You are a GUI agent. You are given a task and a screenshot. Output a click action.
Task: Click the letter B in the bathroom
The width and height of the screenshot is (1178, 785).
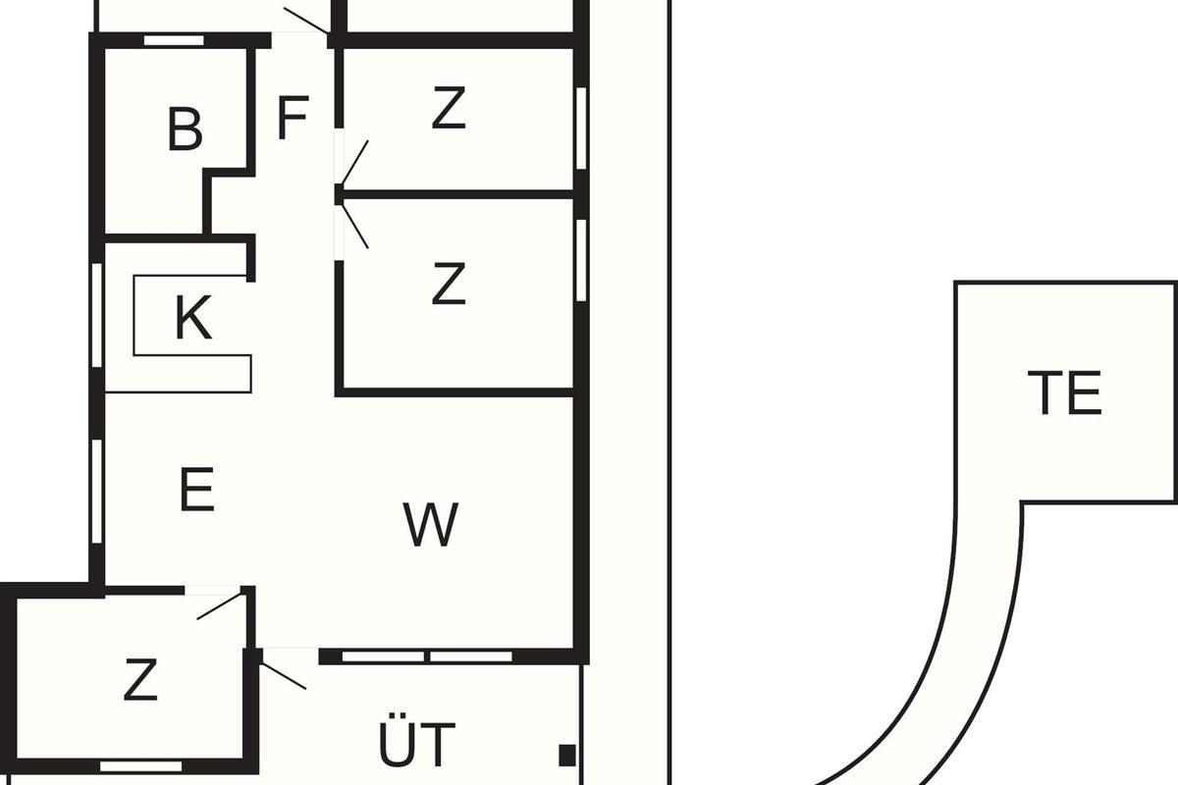(185, 130)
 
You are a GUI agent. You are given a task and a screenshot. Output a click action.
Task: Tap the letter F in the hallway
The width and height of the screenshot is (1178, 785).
(293, 118)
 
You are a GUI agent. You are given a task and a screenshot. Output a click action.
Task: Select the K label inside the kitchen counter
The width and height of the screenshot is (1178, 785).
(193, 318)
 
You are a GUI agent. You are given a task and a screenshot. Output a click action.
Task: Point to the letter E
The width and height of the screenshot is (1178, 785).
(196, 489)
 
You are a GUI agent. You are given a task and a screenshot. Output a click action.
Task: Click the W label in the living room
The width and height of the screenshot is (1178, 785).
(431, 524)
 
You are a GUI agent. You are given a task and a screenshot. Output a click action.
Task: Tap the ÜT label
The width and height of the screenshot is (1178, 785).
(416, 739)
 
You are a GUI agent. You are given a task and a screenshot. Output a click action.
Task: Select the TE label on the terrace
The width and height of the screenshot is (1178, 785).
(1064, 392)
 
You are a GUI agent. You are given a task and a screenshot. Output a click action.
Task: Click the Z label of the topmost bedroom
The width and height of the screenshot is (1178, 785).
(449, 108)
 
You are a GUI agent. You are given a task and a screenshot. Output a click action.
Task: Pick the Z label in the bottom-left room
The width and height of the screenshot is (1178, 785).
(140, 679)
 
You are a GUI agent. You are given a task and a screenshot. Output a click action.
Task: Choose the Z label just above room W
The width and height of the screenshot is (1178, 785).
(449, 284)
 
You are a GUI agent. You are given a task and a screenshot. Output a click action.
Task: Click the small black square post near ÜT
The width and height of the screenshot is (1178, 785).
(567, 755)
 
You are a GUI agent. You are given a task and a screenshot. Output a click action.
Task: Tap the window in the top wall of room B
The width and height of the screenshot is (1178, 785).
(174, 40)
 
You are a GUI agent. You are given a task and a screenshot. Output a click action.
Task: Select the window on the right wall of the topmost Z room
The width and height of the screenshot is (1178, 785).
(581, 129)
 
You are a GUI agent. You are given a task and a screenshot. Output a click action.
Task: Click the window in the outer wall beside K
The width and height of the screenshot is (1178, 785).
(97, 315)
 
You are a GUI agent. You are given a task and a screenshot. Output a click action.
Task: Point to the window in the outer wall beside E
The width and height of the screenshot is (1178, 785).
(97, 492)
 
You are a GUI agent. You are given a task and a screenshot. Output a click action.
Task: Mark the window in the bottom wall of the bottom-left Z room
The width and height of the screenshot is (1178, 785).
(141, 766)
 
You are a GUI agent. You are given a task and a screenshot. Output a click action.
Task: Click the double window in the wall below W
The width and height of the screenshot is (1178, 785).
(427, 656)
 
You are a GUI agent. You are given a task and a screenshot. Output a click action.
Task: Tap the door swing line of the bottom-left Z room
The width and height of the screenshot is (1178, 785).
(219, 605)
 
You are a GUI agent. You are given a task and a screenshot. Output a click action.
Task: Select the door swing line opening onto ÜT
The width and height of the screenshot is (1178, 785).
(284, 676)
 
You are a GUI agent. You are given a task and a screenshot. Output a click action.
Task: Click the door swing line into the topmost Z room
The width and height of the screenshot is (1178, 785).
(355, 162)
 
